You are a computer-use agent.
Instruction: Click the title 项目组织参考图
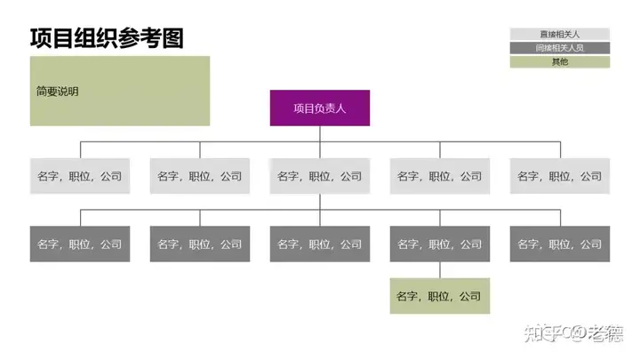coord(107,37)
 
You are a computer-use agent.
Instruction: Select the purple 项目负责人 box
coord(319,108)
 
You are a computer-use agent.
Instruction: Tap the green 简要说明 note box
coord(120,91)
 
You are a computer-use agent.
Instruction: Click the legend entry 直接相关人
coord(559,34)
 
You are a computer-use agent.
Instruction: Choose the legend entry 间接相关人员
coord(559,48)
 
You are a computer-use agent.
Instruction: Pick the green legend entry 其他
coord(559,62)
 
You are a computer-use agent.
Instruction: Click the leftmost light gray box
coord(80,176)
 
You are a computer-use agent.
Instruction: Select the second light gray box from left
coord(200,176)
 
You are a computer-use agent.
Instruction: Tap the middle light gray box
coord(320,176)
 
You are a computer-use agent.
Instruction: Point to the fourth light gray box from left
coord(440,176)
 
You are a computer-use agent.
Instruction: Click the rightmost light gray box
coord(560,176)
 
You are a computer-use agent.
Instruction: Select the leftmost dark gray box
coord(80,244)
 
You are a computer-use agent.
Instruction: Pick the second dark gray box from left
coord(200,244)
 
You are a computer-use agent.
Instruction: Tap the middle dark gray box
coord(320,244)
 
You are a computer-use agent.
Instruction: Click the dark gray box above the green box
coord(440,244)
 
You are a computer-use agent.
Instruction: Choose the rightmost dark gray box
coord(560,244)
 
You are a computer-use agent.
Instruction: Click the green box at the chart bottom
coord(440,296)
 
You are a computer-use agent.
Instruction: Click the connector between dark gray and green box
coord(440,269)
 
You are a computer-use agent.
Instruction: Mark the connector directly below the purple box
coord(320,133)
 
